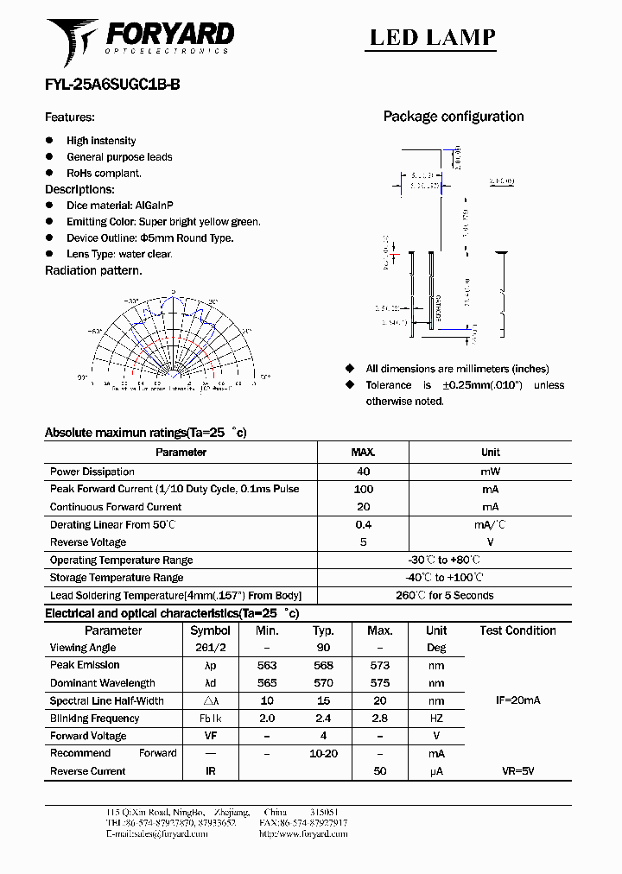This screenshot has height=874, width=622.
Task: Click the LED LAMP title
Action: click(433, 37)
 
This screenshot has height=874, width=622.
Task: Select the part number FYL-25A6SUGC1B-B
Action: click(112, 85)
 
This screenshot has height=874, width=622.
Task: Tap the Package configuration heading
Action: click(453, 117)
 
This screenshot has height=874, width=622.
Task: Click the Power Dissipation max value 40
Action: click(363, 472)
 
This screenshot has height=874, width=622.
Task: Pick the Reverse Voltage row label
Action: click(88, 542)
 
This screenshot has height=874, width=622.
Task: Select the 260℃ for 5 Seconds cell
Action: click(444, 595)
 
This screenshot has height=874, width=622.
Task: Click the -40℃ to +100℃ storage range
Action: click(444, 578)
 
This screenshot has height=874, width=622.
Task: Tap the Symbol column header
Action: click(210, 630)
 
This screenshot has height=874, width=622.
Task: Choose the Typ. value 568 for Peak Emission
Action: click(323, 665)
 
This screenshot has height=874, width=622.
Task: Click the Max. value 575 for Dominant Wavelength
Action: click(379, 683)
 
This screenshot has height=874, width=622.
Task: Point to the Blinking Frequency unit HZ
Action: click(436, 719)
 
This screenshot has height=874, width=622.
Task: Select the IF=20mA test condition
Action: click(517, 700)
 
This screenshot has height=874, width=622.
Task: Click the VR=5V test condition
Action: click(517, 771)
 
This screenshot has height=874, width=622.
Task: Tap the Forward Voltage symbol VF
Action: click(210, 736)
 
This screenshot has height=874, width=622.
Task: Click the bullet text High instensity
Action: click(101, 141)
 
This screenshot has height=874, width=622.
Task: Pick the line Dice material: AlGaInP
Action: click(120, 206)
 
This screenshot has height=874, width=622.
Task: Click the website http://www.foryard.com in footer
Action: click(303, 834)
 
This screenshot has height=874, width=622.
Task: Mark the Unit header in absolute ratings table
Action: click(490, 453)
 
